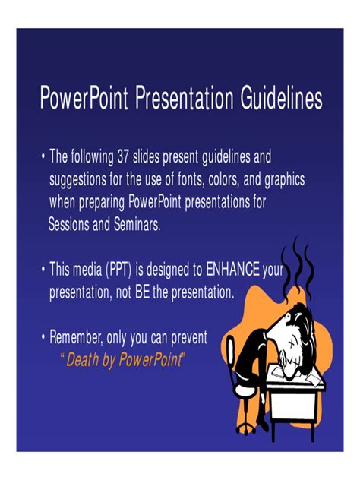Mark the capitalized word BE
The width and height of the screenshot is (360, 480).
(x=142, y=292)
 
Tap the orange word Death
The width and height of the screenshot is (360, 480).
(x=82, y=359)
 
